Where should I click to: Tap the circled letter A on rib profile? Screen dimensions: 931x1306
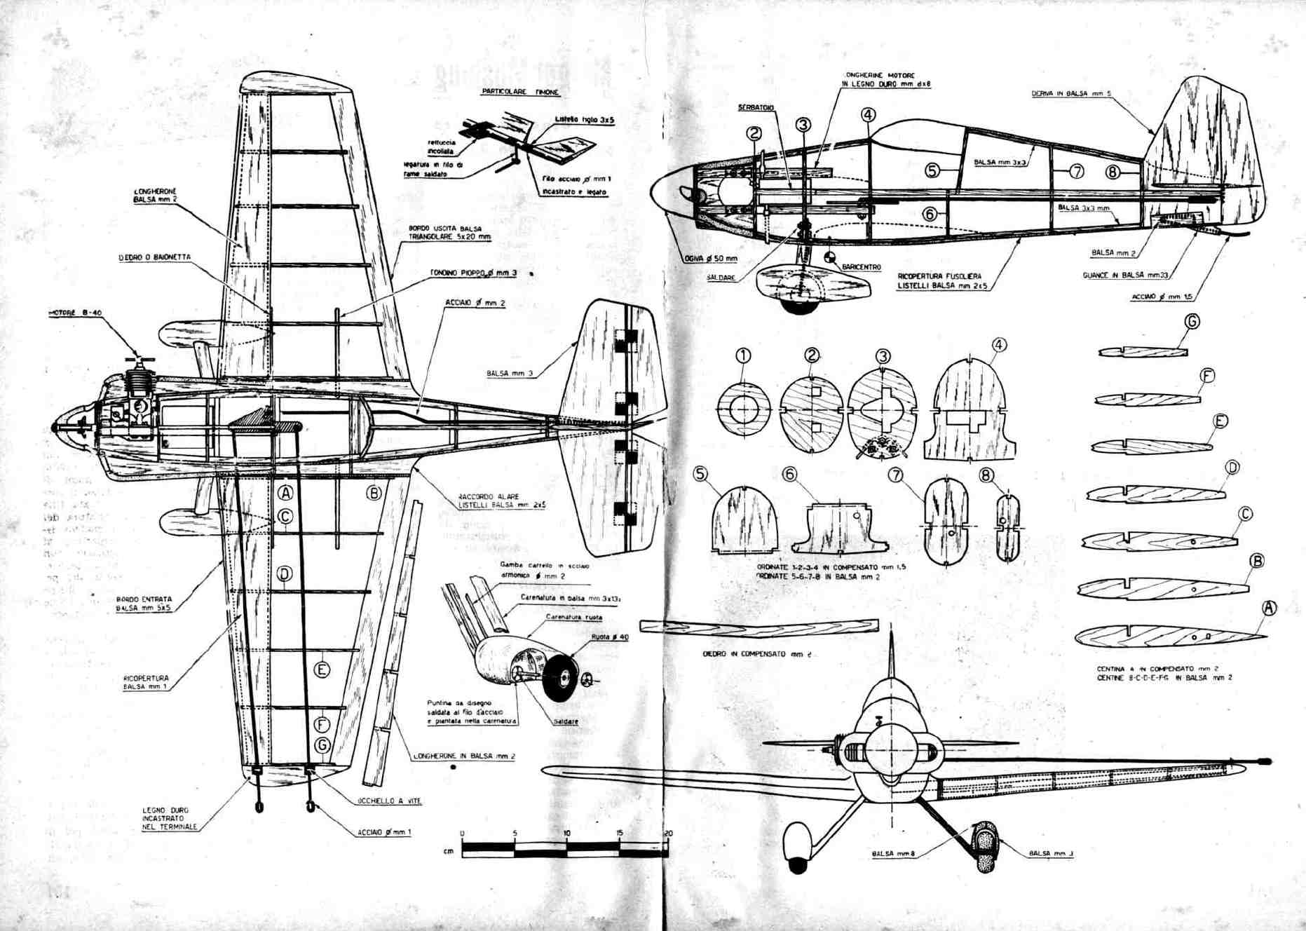[1268, 608]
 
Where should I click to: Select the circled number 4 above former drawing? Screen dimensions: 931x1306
[999, 344]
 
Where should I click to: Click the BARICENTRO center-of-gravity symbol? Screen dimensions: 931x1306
[831, 258]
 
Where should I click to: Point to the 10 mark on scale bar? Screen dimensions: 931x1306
[566, 833]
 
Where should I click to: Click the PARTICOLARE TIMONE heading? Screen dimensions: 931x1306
[520, 92]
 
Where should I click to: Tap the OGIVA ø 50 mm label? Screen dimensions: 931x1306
[711, 259]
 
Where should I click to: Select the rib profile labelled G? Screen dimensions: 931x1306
[1142, 352]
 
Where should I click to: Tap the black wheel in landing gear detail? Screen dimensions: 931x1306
[561, 677]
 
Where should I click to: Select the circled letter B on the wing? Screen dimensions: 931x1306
[374, 493]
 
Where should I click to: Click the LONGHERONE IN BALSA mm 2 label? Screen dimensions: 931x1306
[464, 756]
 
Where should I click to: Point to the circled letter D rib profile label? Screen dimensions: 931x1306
[1232, 468]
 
